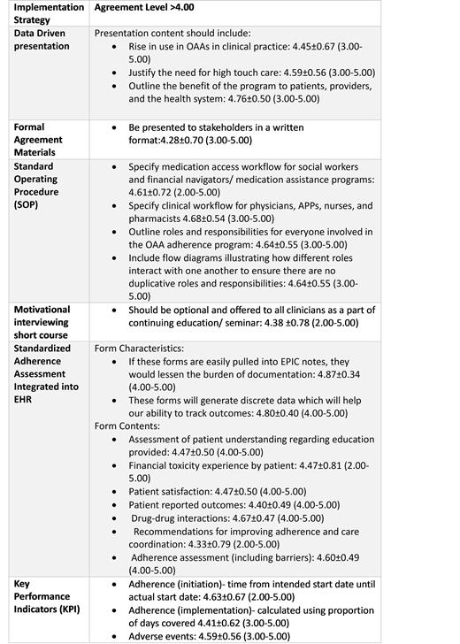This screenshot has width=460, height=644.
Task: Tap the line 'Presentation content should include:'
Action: [174, 33]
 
